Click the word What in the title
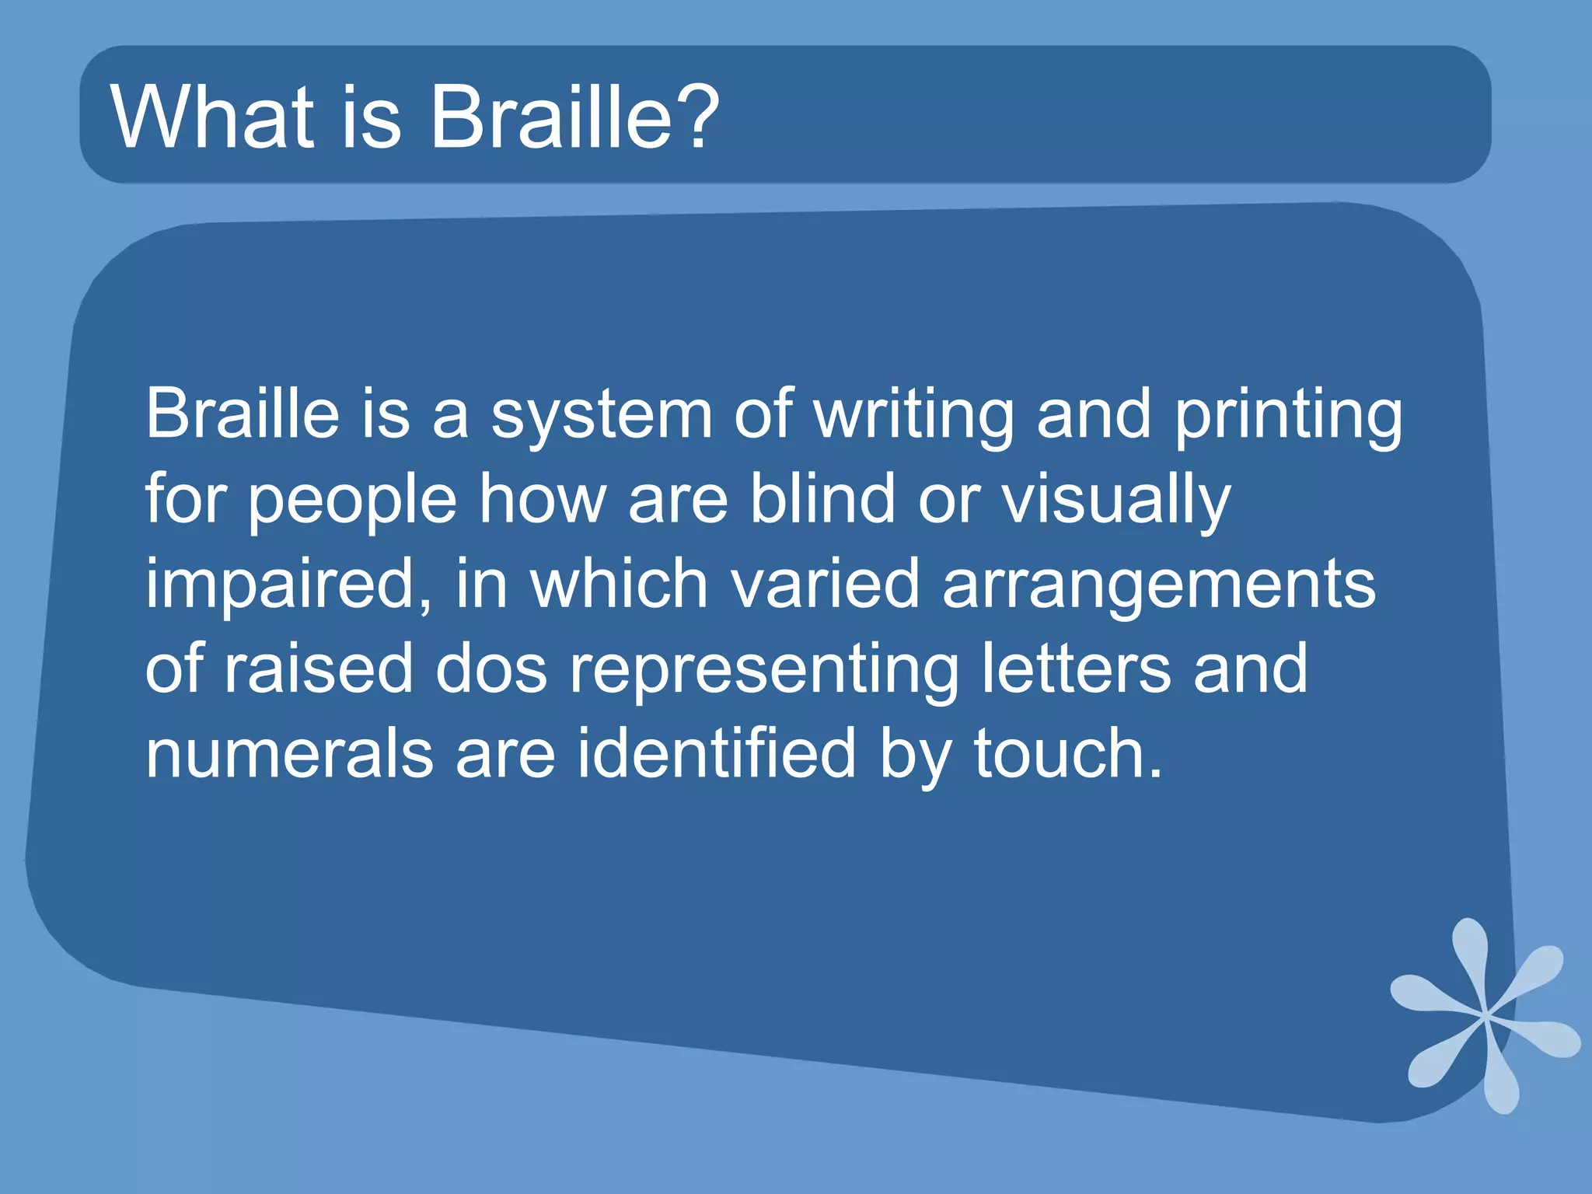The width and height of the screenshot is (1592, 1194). pos(212,117)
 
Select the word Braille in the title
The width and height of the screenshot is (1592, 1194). pos(550,117)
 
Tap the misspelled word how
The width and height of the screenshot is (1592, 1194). pos(542,500)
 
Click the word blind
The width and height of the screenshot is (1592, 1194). pos(822,500)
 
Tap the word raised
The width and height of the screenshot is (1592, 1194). pos(318,669)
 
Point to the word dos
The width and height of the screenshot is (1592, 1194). pos(491,669)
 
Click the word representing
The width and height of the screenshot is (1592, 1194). pos(764,671)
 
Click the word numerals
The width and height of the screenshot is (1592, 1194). pos(289,754)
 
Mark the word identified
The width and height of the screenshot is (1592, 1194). pos(716,754)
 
